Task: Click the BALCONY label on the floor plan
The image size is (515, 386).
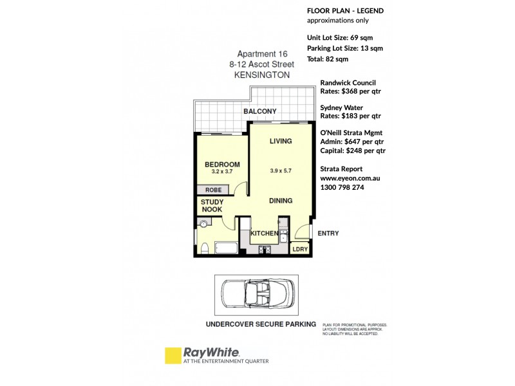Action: click(259, 111)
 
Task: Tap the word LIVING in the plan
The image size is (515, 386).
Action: click(281, 141)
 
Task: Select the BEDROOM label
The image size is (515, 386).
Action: click(222, 165)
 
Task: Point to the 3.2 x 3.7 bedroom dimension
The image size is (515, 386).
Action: click(222, 172)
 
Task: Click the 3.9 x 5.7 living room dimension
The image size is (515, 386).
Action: click(281, 171)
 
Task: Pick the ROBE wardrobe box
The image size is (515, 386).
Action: click(214, 190)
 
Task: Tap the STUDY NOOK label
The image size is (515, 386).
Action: click(212, 206)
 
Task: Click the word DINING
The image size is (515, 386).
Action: click(280, 201)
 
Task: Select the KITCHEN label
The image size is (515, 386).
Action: click(264, 233)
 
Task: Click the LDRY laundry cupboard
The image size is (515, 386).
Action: click(299, 249)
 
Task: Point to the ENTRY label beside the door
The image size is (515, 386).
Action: click(328, 234)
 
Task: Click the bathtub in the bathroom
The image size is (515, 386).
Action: click(225, 248)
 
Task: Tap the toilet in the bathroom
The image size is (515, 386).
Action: click(203, 248)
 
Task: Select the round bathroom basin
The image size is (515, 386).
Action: click(203, 225)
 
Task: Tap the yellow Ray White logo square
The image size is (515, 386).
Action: click(173, 356)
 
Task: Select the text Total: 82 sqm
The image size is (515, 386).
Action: click(328, 59)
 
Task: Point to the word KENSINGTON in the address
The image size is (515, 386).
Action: click(263, 75)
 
